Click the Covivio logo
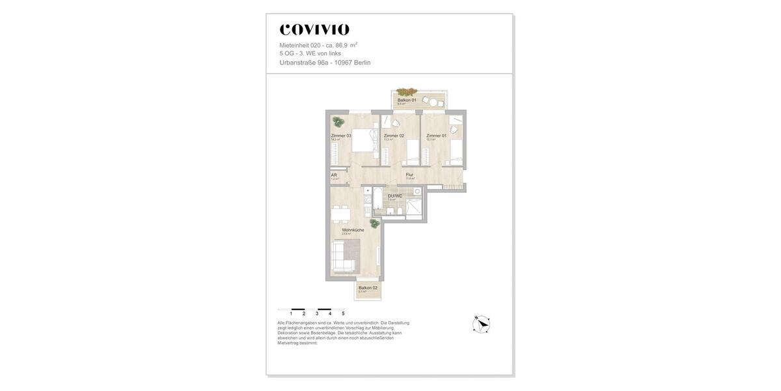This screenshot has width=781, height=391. click(x=314, y=29)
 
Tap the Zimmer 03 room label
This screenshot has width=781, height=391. click(x=341, y=136)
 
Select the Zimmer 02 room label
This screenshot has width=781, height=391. click(x=394, y=136)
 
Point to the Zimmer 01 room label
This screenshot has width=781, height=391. click(x=437, y=136)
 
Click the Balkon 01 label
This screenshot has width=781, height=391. click(x=407, y=100)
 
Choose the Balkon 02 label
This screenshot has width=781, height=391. click(x=368, y=287)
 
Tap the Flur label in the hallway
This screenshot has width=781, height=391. click(x=409, y=175)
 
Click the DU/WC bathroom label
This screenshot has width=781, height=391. click(x=395, y=195)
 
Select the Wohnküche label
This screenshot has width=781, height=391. click(x=353, y=229)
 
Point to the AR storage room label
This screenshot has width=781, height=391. click(x=334, y=175)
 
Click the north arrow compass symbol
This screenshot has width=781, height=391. click(x=482, y=324)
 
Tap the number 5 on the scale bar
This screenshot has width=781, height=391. click(x=343, y=313)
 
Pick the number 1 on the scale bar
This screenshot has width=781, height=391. click(x=291, y=313)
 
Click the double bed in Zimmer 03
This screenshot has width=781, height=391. click(x=365, y=139)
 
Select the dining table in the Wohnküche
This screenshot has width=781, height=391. click(x=341, y=214)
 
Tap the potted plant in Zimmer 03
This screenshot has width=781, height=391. click(x=338, y=122)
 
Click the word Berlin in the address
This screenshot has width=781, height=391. click(x=362, y=63)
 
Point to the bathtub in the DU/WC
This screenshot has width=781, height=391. click(x=377, y=200)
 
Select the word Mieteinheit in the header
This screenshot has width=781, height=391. click(x=294, y=46)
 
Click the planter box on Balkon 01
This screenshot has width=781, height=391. click(x=407, y=92)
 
